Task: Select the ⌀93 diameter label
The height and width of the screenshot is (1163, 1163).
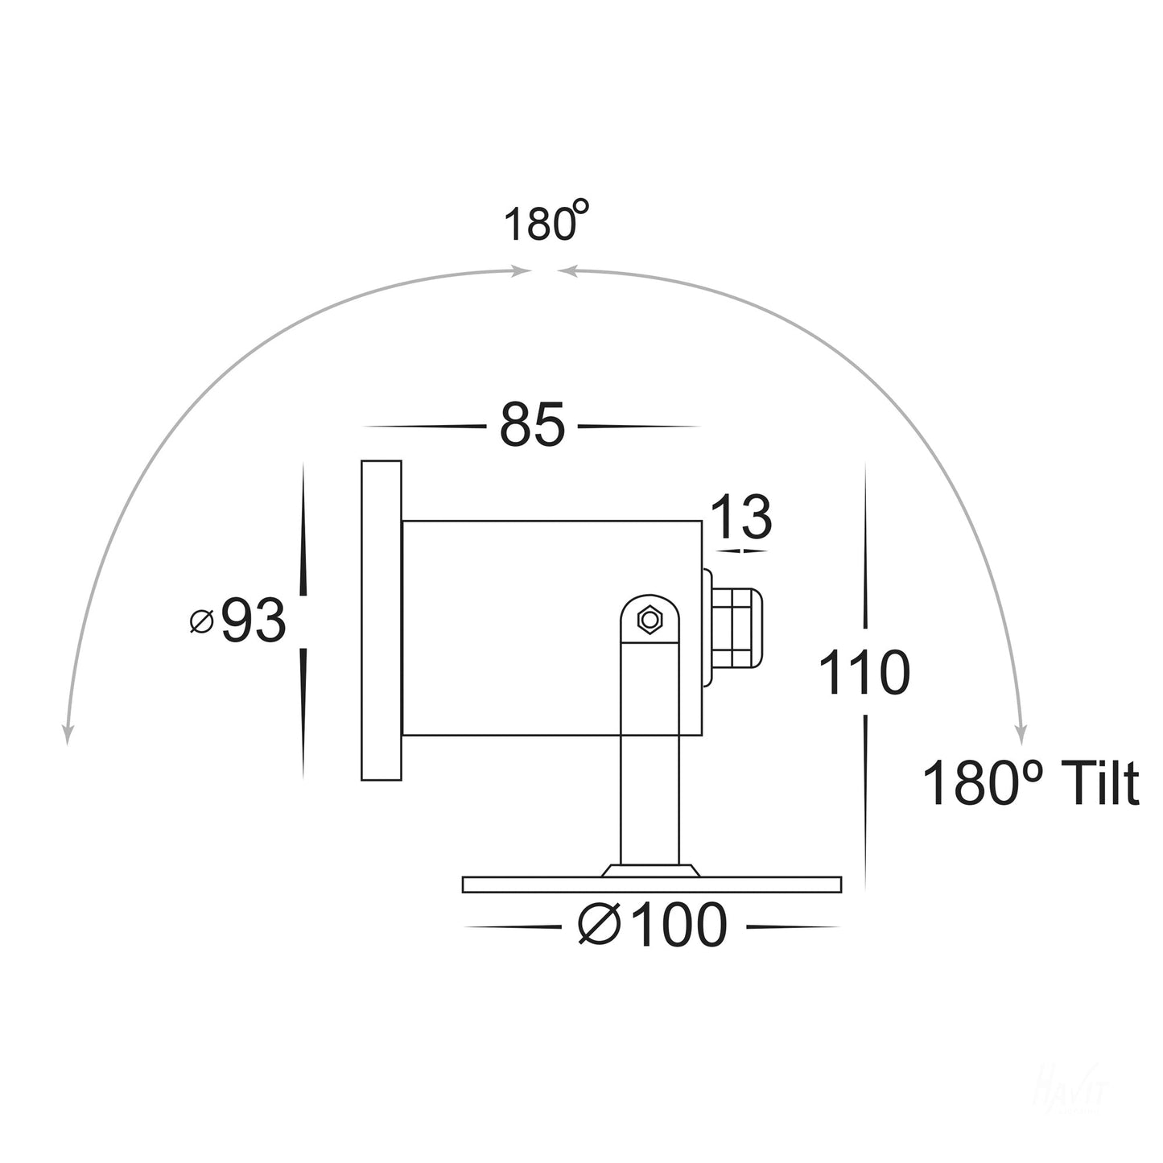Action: (239, 621)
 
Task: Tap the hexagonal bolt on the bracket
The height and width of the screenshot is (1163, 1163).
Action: (648, 620)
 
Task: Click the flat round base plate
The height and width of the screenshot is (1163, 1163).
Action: (652, 885)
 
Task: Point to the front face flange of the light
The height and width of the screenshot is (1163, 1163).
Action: (381, 620)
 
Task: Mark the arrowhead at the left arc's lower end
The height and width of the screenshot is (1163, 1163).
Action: (68, 732)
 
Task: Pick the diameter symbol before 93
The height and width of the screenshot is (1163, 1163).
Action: (201, 621)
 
